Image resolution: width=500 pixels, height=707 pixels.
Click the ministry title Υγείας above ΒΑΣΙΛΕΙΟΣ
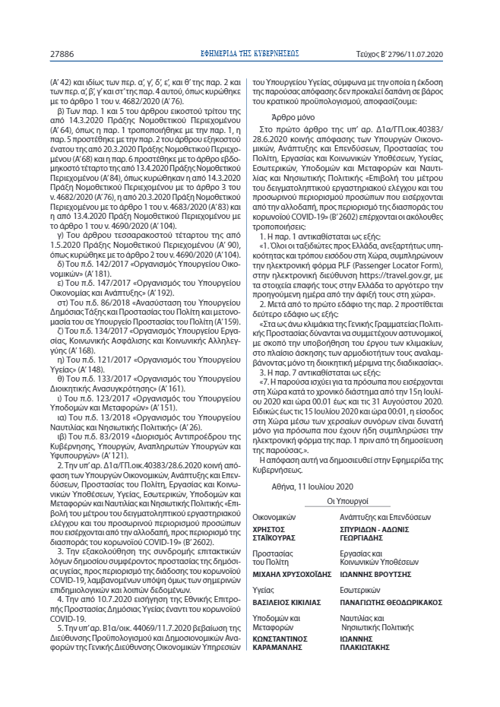point(262,589)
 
